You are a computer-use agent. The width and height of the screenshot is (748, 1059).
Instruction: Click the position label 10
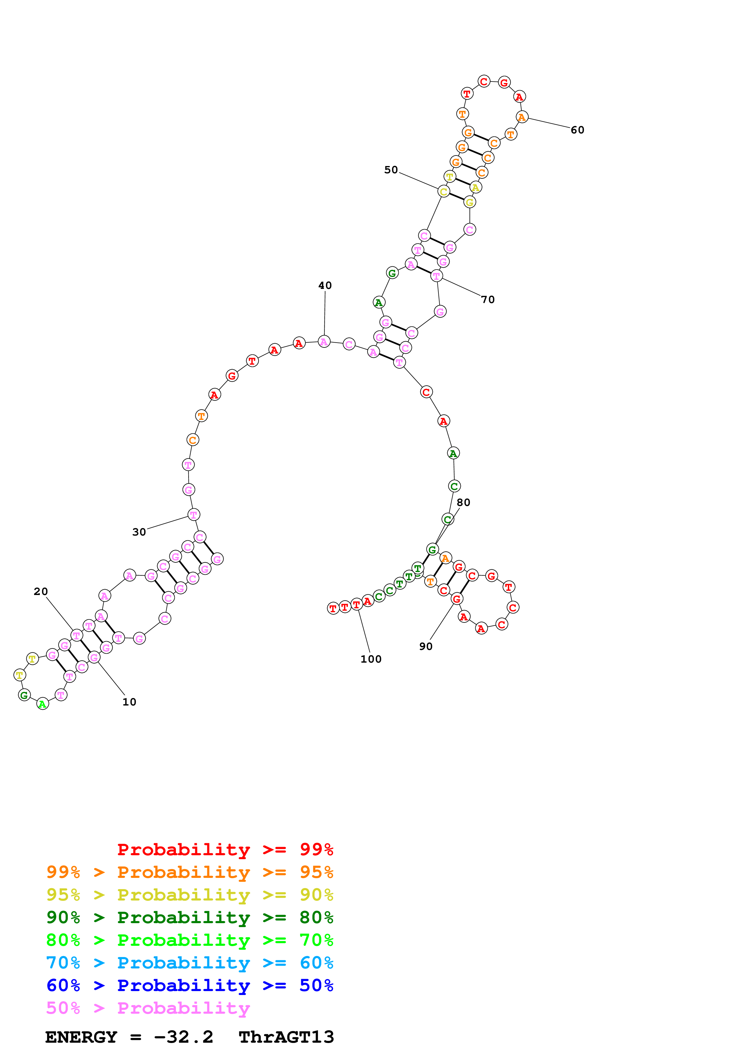[x=129, y=702]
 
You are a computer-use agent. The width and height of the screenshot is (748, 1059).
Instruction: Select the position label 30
[x=139, y=532]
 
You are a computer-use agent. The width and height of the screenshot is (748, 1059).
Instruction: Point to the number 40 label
[x=325, y=286]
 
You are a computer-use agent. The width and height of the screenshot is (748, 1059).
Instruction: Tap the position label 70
[x=488, y=300]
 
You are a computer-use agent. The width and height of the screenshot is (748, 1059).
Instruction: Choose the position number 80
[x=463, y=503]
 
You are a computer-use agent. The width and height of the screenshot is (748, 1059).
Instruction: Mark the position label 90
[x=426, y=647]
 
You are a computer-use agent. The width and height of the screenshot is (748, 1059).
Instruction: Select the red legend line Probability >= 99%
[x=225, y=849]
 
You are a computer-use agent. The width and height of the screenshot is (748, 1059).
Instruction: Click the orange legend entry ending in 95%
[x=190, y=872]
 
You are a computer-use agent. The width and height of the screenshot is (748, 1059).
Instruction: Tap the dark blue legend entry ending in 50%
[x=190, y=985]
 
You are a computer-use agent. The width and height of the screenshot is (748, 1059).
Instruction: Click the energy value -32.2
[x=183, y=1037]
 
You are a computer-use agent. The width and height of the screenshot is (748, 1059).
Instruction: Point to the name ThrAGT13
[x=286, y=1037]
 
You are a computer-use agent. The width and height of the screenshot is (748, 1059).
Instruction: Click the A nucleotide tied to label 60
[x=522, y=117]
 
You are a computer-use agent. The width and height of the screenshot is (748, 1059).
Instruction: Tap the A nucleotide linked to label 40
[x=324, y=342]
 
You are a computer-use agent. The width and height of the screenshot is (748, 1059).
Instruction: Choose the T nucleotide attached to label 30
[x=194, y=515]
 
